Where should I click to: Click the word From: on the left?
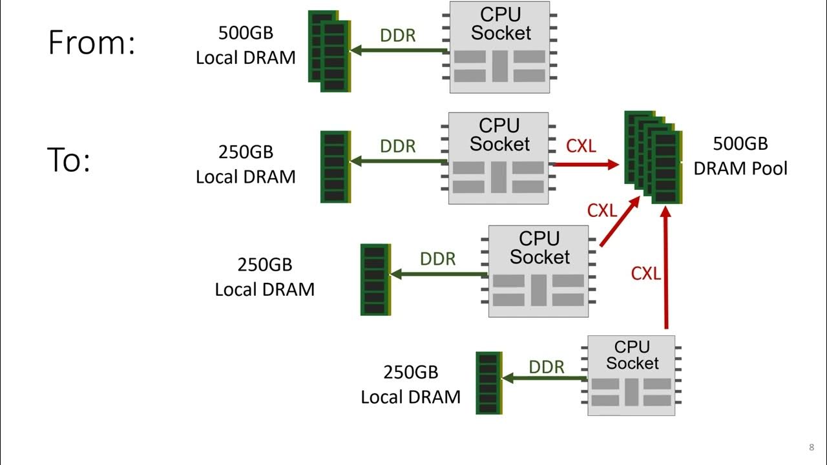point(92,43)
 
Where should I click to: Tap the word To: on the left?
point(68,160)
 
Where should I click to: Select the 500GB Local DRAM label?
point(246,45)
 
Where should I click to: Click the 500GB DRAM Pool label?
point(740,156)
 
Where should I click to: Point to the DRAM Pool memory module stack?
point(653,157)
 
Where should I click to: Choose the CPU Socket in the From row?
point(500,47)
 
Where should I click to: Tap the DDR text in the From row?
point(398,36)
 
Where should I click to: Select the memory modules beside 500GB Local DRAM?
point(330,51)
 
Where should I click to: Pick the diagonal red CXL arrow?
point(620,220)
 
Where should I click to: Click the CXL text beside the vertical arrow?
point(646,273)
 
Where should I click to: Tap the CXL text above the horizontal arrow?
point(581,146)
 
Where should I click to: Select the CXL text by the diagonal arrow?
point(602,210)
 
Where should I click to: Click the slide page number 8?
point(811,448)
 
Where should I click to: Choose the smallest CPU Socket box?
point(631,375)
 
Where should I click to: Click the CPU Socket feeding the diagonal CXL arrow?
point(538,271)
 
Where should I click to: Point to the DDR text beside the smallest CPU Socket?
point(547,367)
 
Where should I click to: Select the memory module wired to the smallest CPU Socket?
point(489,383)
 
